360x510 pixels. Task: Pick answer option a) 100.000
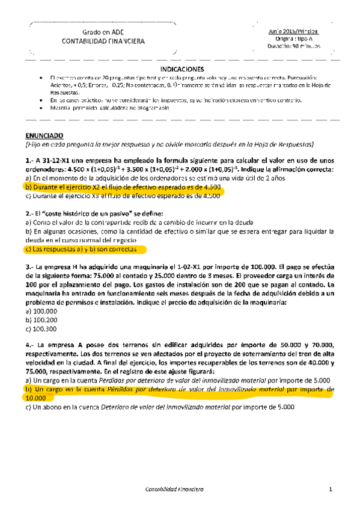(41, 312)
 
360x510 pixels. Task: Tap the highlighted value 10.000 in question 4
(37, 398)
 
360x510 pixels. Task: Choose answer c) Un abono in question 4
(156, 407)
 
